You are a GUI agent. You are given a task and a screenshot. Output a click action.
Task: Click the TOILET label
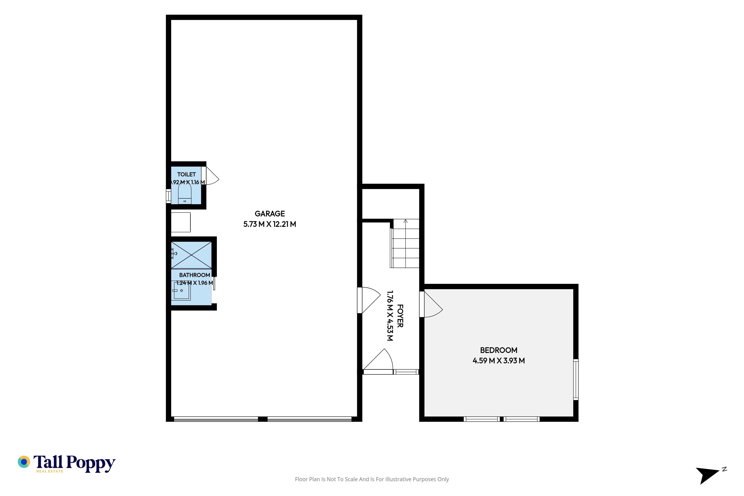click(186, 174)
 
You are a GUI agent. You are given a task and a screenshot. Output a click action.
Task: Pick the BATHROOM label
click(195, 275)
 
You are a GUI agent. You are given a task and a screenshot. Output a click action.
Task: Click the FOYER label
click(400, 316)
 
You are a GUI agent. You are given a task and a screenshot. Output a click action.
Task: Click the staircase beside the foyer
click(405, 244)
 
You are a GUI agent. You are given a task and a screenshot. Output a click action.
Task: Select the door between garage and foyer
click(369, 300)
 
